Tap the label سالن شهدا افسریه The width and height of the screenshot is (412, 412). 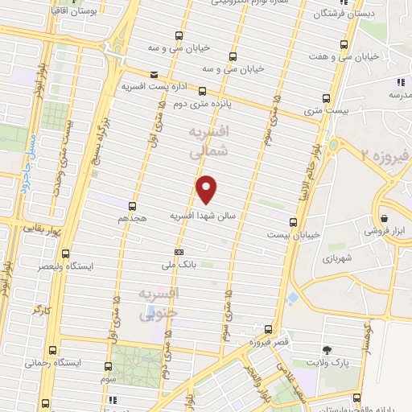[x=201, y=216]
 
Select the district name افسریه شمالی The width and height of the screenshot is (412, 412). [x=208, y=140]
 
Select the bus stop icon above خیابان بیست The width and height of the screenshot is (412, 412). [x=292, y=222]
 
